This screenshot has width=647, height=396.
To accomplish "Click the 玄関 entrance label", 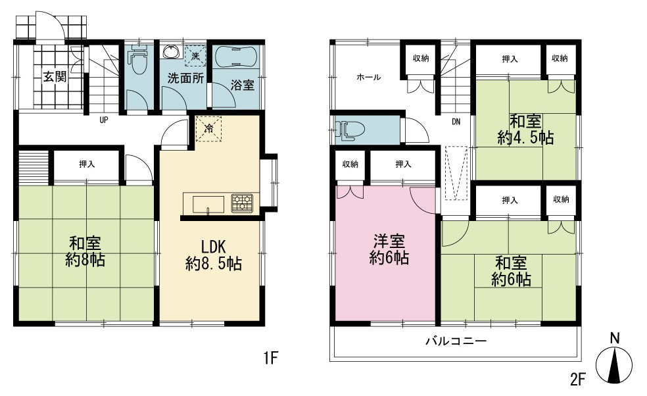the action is (55, 77).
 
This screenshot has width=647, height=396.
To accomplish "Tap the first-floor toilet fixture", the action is (138, 59).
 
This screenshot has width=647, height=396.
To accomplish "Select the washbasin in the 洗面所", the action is (171, 51).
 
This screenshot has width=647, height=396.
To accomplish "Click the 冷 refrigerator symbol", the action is (209, 129).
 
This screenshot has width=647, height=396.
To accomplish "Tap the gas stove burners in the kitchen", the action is (242, 203).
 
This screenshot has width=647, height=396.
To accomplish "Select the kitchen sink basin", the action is (208, 205).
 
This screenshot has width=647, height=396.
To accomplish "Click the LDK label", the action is (213, 247).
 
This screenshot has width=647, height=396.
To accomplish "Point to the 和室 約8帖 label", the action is (85, 251).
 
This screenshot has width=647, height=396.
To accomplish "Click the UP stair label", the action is (104, 120).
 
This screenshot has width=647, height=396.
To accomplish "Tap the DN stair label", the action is (456, 122).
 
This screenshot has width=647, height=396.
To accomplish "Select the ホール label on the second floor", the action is (368, 77).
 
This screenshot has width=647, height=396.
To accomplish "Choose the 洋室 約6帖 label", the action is (389, 249).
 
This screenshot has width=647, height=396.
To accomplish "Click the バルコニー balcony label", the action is (456, 341).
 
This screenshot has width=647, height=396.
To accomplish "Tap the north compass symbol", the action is (614, 359).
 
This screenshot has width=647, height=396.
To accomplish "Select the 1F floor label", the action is (272, 358).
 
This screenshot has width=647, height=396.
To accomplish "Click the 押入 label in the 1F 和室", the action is (87, 164).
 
